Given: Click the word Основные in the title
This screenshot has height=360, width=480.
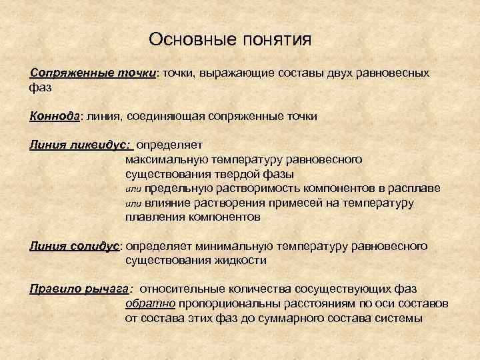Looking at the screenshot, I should (x=189, y=40).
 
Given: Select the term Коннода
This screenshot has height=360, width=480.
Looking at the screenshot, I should (x=55, y=116).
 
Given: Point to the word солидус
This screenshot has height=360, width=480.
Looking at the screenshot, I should (x=93, y=246).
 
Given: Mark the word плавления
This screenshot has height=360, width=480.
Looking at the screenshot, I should (x=154, y=217).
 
